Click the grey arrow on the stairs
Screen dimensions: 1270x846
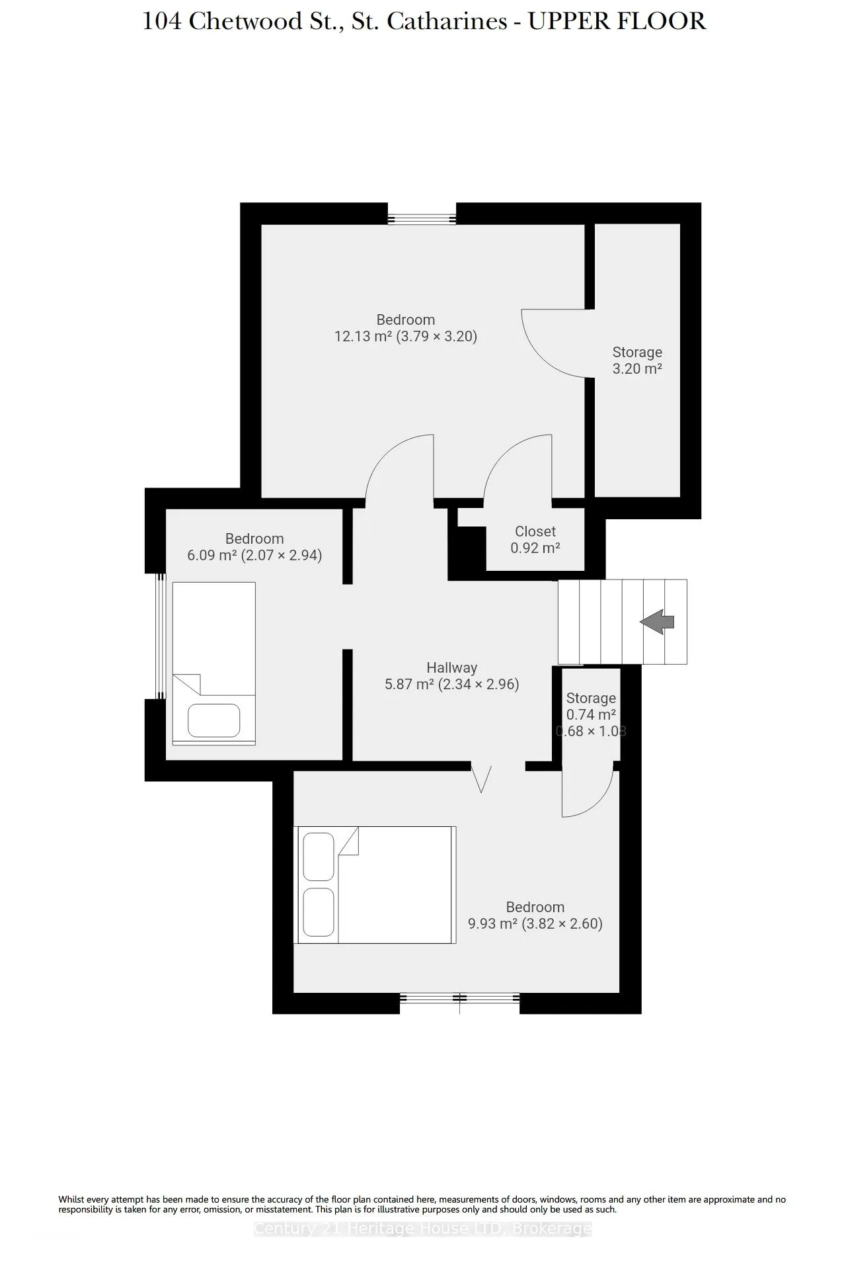point(657,622)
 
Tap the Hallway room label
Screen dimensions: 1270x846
point(451,668)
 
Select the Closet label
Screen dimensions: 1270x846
point(535,531)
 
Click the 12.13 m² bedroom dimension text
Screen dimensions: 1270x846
point(406,336)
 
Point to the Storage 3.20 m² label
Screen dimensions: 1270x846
point(637,360)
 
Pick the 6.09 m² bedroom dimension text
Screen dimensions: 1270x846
point(254,555)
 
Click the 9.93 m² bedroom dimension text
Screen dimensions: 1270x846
point(535,923)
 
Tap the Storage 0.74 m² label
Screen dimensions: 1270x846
point(591,706)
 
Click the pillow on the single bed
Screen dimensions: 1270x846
point(213,720)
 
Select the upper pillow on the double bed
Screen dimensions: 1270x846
point(319,857)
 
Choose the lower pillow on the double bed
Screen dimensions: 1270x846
point(319,912)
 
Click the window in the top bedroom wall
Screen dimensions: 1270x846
point(422,219)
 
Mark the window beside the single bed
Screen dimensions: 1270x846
point(159,636)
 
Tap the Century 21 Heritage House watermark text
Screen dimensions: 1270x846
point(423,1228)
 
